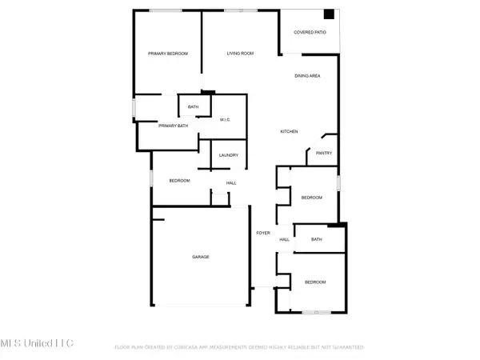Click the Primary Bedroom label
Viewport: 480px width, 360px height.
click(168, 54)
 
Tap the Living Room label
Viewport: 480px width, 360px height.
click(240, 54)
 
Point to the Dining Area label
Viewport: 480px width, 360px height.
click(307, 76)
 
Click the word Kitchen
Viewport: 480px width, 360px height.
click(289, 131)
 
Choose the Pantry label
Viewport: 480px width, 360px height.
click(324, 154)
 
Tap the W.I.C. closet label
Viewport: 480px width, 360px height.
click(226, 120)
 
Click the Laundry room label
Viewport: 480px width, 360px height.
click(229, 155)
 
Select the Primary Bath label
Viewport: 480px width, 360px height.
click(172, 126)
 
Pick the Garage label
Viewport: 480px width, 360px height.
click(200, 257)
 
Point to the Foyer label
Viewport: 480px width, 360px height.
click(262, 233)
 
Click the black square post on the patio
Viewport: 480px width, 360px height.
click(328, 14)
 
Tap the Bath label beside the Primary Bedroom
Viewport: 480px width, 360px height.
click(193, 107)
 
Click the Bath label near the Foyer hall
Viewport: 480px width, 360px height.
click(316, 239)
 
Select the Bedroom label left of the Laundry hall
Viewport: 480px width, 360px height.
click(179, 181)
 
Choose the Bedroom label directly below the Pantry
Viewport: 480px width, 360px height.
click(311, 198)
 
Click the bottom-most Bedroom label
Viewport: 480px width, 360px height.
click(314, 282)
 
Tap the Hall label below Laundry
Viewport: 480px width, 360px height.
click(231, 184)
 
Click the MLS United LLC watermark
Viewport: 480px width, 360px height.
click(37, 343)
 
